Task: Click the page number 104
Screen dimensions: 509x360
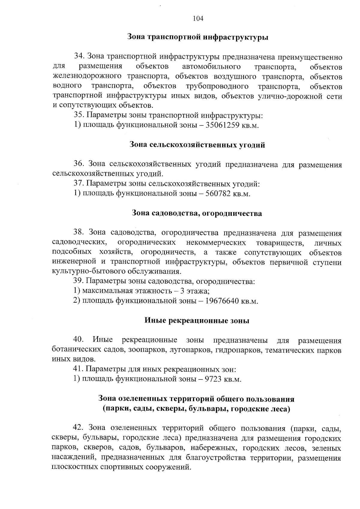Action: point(198,19)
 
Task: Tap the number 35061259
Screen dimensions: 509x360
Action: point(222,125)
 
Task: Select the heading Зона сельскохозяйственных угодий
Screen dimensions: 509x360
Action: point(197,145)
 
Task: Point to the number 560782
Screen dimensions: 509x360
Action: point(218,194)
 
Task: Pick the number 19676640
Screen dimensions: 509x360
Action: point(222,301)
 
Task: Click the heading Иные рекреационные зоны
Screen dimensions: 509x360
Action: point(197,321)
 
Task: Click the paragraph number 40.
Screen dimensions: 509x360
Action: point(78,340)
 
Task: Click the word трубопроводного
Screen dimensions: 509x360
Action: point(217,87)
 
